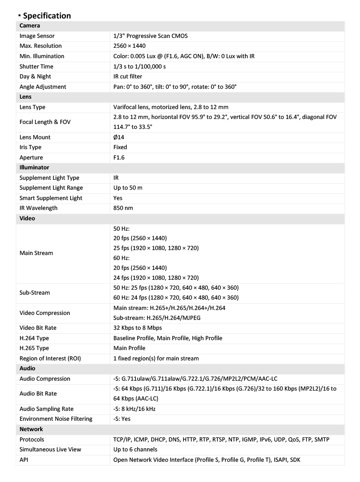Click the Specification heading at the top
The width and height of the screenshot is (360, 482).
coord(47,16)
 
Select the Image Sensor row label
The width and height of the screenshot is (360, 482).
coord(37,36)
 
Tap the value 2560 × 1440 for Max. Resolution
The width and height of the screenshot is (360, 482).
coord(129,46)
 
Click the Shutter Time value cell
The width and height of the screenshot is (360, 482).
coord(139,66)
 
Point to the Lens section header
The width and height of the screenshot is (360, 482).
coord(25,97)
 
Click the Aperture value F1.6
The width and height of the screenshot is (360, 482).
coord(119,158)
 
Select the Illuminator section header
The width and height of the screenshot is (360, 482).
coord(34,168)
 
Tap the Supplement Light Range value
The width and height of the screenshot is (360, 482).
coord(128,188)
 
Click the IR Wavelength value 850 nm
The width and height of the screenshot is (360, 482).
coord(123,208)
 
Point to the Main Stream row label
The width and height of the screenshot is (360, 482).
coord(36,253)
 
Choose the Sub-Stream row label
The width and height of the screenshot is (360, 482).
coord(35,293)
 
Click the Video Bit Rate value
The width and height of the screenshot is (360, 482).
coord(138,328)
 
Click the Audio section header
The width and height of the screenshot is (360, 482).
coord(27,368)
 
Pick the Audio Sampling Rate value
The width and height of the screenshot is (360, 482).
coord(135,409)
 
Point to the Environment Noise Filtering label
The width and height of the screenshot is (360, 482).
coord(56,419)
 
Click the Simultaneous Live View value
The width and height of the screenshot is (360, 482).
coord(135,450)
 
